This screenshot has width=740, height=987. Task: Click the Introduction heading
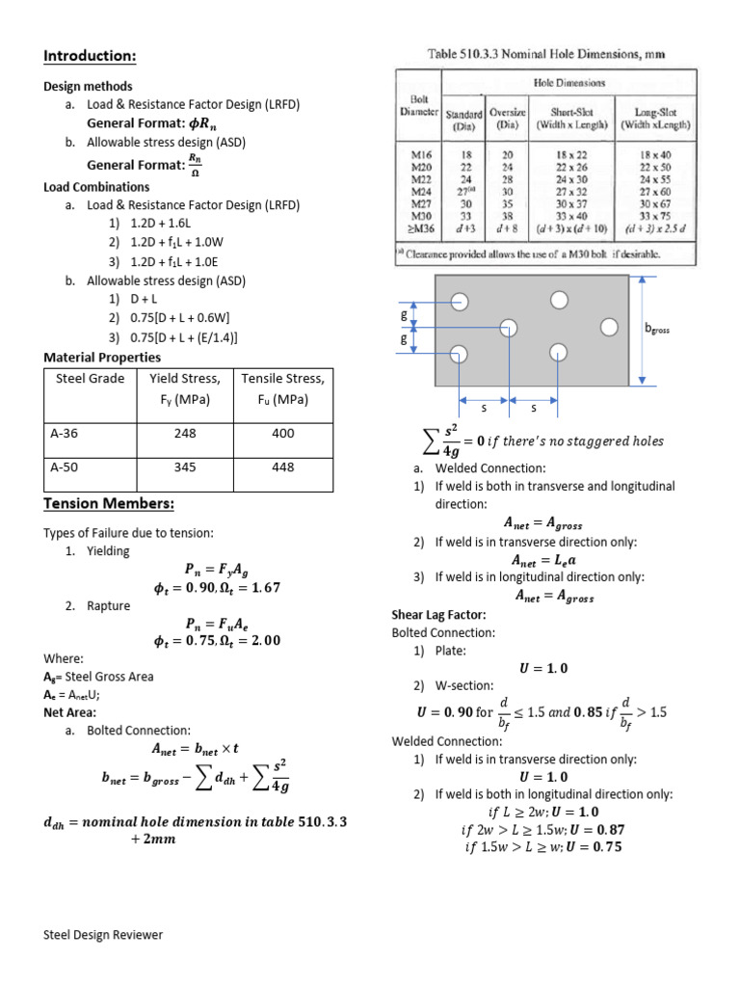coord(90,55)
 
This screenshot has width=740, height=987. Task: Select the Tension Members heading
coord(108,504)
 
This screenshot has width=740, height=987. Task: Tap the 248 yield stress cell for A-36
coord(185,434)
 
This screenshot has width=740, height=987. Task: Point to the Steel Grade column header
coord(91,378)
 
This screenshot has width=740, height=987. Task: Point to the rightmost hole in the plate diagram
coord(609,328)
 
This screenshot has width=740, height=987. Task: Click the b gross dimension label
coord(657,330)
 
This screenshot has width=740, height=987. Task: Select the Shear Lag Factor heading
coord(438,614)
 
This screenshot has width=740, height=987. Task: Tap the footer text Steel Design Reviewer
coord(103,935)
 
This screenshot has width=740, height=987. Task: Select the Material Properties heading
coord(102,358)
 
